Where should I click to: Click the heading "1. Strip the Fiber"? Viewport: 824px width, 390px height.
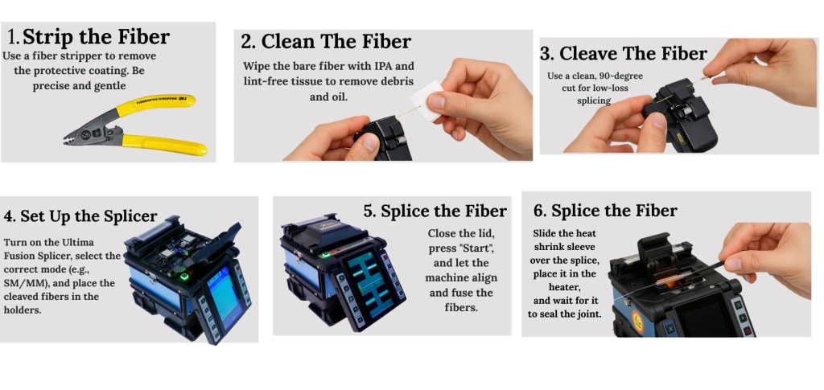pos(89,37)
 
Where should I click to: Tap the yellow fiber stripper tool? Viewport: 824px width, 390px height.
pos(135,125)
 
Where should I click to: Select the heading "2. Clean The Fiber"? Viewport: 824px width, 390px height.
pos(326,41)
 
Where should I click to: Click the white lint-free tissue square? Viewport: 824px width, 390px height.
pos(426,100)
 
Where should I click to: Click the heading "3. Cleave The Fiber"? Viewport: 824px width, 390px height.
pos(624,54)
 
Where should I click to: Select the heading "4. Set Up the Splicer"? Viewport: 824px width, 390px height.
pos(80,216)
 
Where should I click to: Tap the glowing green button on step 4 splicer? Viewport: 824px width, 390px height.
pos(184,277)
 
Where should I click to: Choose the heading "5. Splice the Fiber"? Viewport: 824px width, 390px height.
pos(435,211)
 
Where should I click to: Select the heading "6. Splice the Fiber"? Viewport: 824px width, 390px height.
pos(605,211)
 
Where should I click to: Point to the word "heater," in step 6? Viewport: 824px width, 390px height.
pos(564,287)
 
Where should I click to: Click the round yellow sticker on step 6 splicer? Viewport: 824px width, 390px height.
pos(637,321)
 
